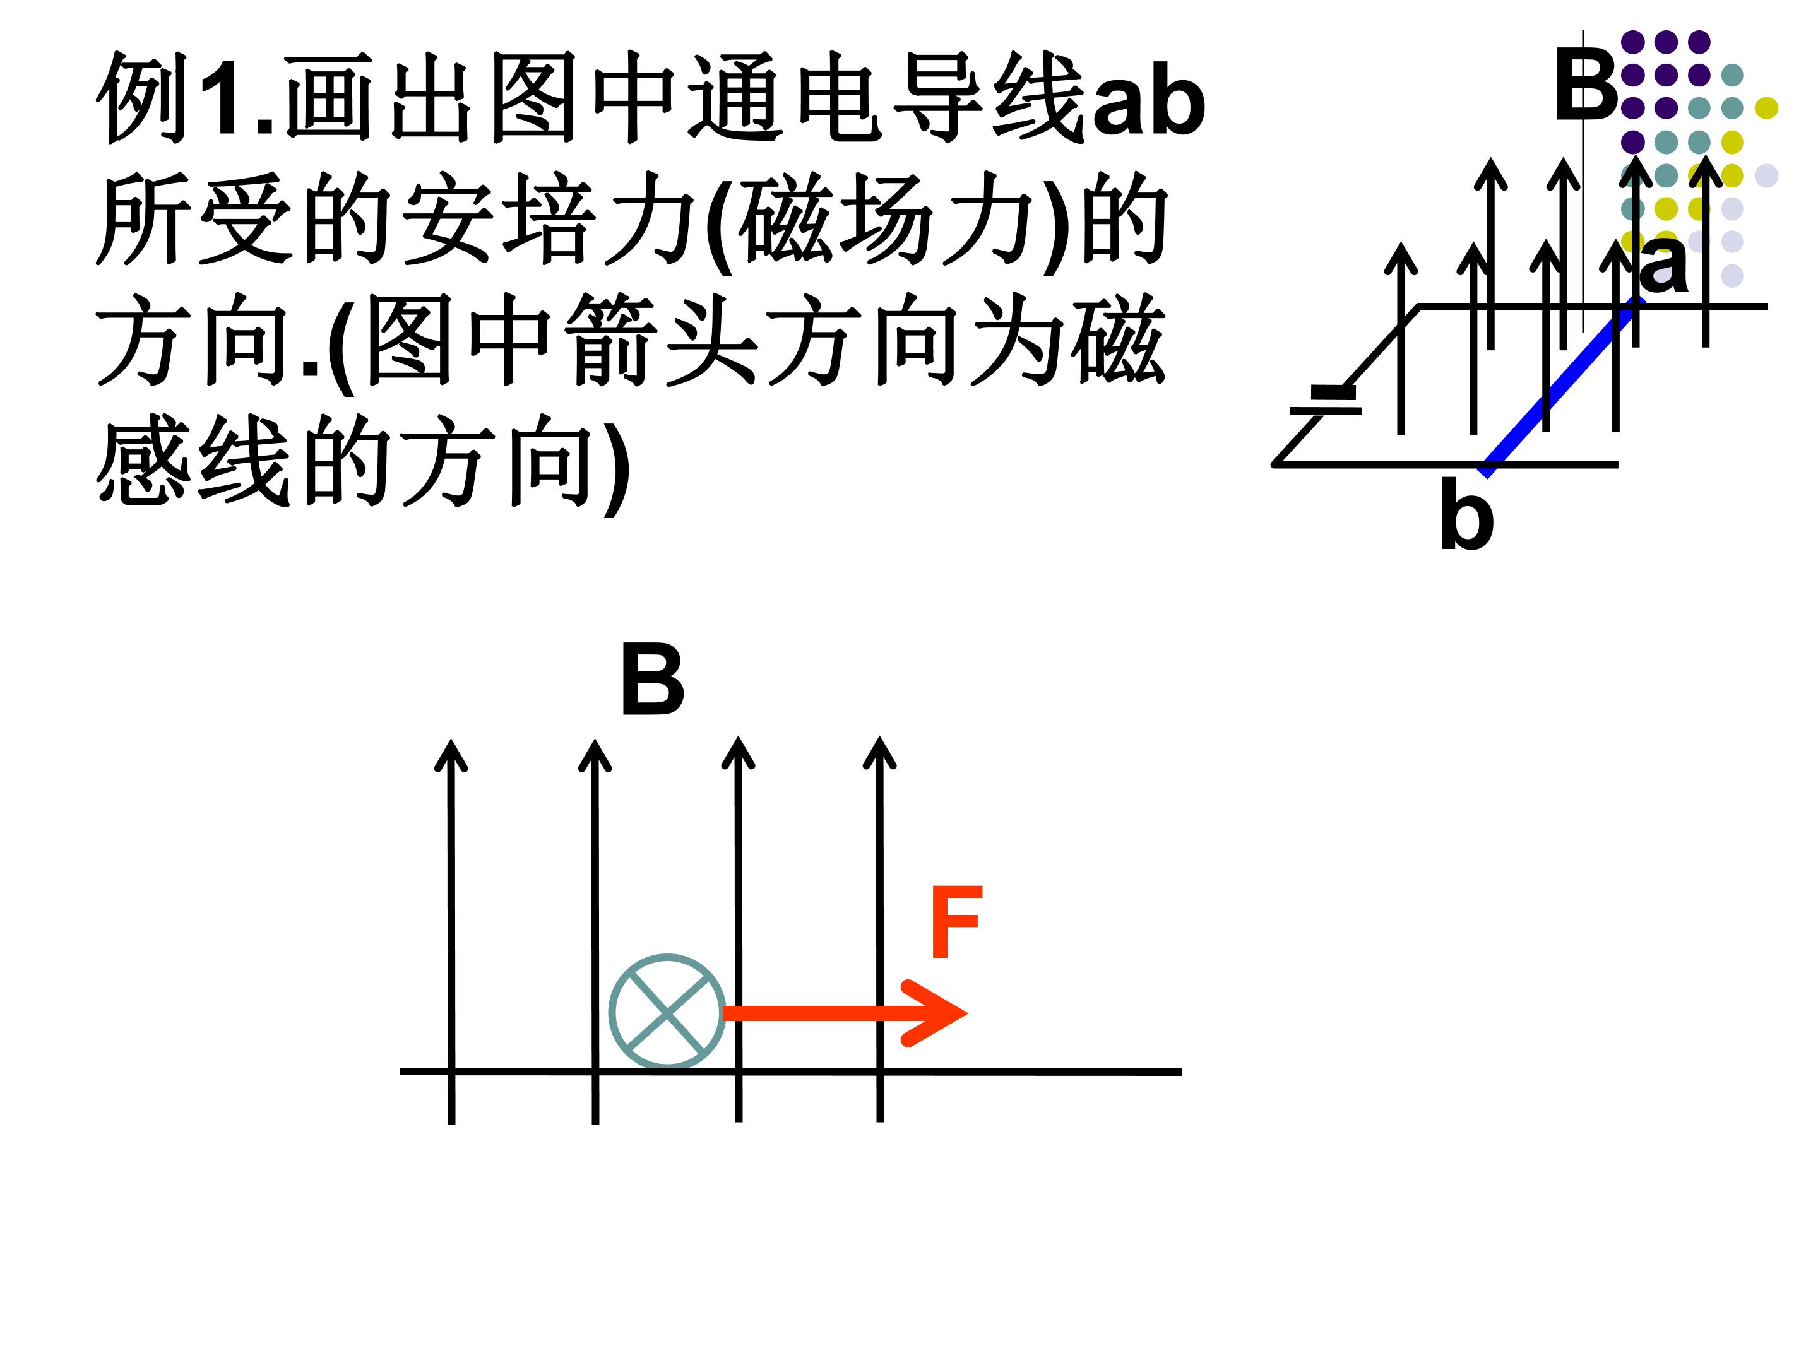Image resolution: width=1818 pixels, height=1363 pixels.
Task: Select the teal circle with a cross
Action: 667,1012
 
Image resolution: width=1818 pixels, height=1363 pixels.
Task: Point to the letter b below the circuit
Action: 1467,516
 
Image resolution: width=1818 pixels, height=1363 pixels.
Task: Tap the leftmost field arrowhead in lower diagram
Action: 450,754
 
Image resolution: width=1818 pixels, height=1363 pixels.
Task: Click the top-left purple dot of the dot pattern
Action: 1632,41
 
